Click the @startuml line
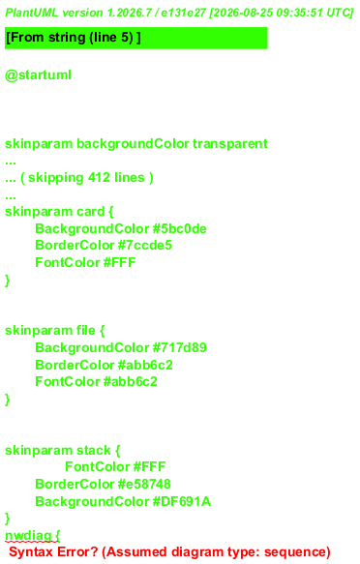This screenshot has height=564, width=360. click(x=38, y=75)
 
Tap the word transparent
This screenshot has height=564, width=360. click(x=230, y=144)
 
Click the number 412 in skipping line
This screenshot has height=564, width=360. click(x=99, y=177)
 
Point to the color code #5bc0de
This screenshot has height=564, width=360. click(x=180, y=228)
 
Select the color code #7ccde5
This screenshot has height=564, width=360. click(x=145, y=246)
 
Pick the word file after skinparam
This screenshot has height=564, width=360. click(x=86, y=330)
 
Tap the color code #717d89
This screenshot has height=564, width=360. click(x=180, y=347)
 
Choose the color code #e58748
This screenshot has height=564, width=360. click(x=144, y=484)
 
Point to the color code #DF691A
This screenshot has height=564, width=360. click(x=182, y=501)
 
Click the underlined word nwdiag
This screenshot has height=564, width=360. click(x=28, y=536)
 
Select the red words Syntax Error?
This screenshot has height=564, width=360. click(x=53, y=552)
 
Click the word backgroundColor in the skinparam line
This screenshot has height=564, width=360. click(x=133, y=144)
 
